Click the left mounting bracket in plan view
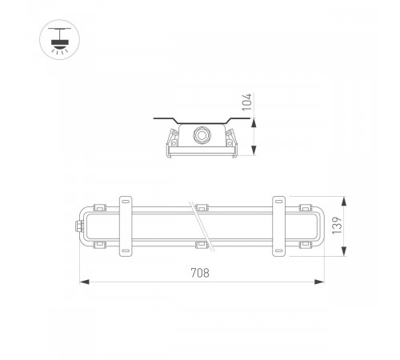coord(126,226)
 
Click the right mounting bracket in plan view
coord(279,226)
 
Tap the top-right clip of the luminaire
coord(303,207)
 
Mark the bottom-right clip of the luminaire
coord(303,244)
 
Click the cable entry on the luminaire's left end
coord(78,226)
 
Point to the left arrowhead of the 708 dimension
coord(82,281)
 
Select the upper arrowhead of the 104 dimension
coord(254,121)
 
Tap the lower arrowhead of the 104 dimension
coord(254,154)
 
